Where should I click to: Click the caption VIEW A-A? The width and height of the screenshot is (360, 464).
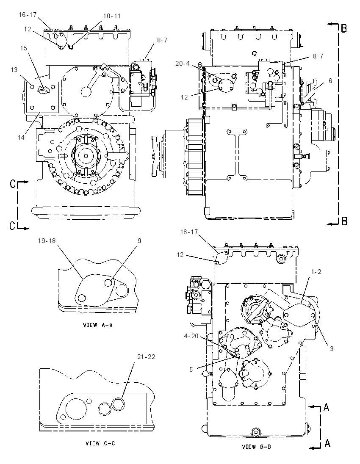click(x=98, y=325)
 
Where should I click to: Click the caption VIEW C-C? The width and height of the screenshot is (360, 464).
click(x=100, y=443)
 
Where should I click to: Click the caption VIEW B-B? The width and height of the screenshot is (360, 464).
click(x=256, y=447)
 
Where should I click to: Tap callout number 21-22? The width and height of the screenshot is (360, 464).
click(x=146, y=357)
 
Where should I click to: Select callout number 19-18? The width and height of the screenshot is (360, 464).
click(x=47, y=240)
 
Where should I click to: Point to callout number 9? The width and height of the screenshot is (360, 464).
click(x=139, y=241)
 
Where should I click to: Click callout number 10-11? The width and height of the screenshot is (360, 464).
click(x=112, y=16)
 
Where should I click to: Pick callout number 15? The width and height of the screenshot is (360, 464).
click(x=24, y=48)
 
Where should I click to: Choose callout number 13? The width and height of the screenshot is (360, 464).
click(x=14, y=70)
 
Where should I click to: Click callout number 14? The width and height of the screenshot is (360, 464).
click(x=21, y=137)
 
